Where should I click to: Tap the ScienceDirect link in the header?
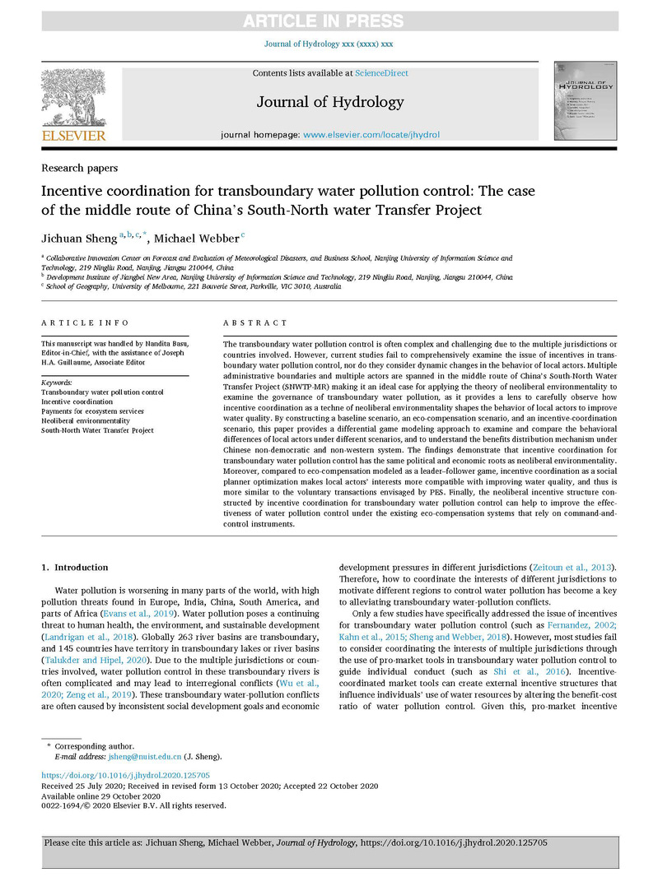point(381,73)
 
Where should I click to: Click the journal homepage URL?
point(371,134)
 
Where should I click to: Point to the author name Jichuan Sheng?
point(78,239)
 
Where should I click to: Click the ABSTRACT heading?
point(255,323)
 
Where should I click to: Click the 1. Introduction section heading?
point(75,568)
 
